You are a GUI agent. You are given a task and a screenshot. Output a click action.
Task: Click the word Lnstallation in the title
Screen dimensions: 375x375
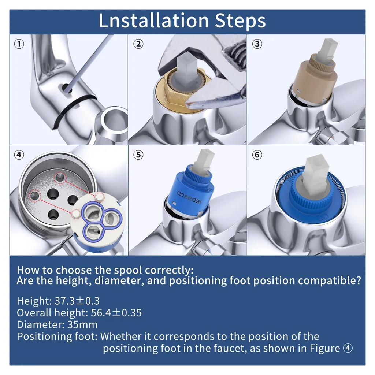pos(154,21)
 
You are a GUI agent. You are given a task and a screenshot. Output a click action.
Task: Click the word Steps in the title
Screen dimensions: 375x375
pos(240,22)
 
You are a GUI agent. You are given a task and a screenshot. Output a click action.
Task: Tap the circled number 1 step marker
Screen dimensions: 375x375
pos(19,44)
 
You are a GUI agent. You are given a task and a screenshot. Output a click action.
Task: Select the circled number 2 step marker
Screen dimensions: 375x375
pos(138,44)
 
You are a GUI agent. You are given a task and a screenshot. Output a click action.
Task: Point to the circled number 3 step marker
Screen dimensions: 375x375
pos(257,44)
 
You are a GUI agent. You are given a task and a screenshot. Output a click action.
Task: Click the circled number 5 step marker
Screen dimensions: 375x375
pos(138,155)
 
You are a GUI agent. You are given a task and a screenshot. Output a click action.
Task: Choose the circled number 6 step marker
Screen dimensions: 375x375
pos(257,155)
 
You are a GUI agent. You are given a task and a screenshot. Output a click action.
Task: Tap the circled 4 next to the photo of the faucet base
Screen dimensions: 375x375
pos(19,155)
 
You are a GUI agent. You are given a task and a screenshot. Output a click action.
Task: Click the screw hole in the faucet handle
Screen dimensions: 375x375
pos(65,88)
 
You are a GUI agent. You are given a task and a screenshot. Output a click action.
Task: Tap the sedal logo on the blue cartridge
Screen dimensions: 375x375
pos(189,197)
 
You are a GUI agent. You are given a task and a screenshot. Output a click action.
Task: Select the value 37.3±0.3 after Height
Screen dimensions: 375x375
pos(77,301)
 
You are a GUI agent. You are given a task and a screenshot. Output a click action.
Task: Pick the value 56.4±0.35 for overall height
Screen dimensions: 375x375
pos(116,313)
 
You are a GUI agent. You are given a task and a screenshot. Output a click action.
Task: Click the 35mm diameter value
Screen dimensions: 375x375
pos(82,325)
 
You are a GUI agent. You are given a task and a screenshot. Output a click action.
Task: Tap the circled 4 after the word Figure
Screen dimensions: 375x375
pos(348,348)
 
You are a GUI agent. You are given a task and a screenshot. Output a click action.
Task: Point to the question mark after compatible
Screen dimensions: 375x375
pos(358,280)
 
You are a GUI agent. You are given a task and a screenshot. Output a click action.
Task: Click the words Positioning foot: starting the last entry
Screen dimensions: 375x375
pos(57,337)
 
